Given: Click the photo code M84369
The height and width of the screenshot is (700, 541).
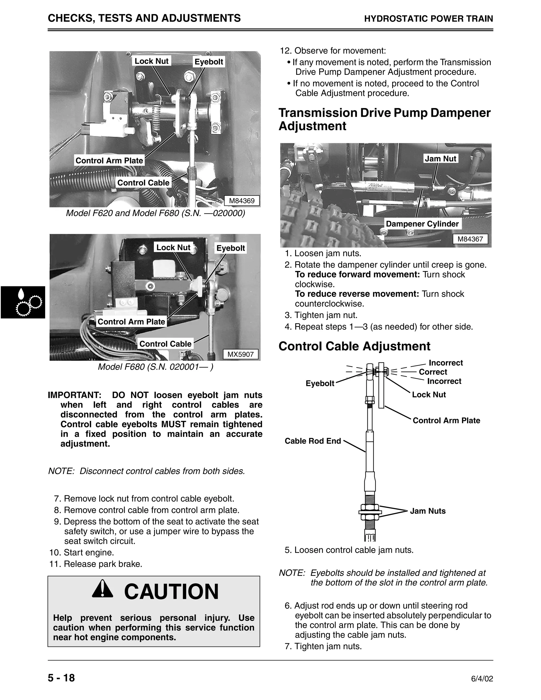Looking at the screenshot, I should click(242, 201).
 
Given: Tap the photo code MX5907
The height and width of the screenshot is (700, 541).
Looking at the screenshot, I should click(240, 354).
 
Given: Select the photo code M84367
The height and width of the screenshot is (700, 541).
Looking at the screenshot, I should click(470, 239).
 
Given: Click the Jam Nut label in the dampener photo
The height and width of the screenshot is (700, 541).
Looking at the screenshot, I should click(440, 158).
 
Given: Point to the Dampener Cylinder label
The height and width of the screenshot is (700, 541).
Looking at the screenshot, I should click(422, 224).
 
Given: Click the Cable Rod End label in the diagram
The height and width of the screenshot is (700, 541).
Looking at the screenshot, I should click(313, 441).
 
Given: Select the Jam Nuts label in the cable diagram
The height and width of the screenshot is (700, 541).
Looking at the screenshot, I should click(428, 511).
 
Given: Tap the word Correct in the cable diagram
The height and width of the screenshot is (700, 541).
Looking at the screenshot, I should click(433, 372).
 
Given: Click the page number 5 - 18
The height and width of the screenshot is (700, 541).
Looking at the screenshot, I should click(61, 678).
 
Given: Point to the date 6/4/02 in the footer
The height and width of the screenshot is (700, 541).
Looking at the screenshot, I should click(482, 679).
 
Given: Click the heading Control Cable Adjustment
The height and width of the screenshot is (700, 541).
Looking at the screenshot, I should click(354, 346).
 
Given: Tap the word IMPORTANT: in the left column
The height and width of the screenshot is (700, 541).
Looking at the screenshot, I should click(74, 395).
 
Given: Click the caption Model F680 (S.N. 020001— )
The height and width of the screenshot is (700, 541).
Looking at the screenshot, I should click(155, 367).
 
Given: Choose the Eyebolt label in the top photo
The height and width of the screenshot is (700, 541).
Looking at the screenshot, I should click(209, 62).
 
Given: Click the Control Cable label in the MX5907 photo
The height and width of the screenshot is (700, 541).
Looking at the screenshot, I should click(165, 344).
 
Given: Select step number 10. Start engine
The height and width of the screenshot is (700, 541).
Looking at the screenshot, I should click(82, 553).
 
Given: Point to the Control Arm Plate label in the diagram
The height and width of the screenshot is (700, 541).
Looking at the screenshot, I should click(446, 421).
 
